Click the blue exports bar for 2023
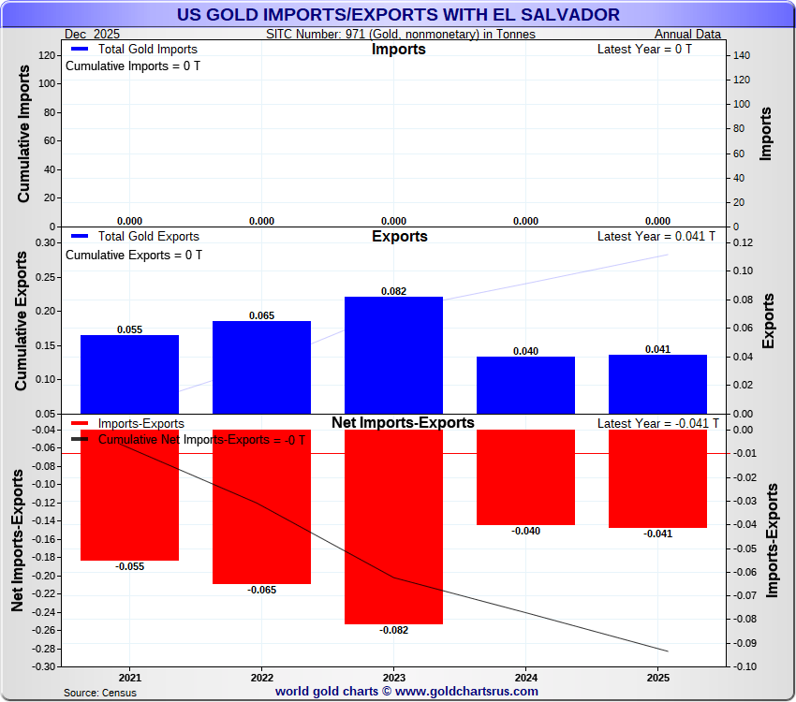pyautogui.click(x=393, y=354)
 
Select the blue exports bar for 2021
pyautogui.click(x=129, y=373)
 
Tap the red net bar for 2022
pyautogui.click(x=261, y=506)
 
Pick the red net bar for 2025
pyautogui.click(x=657, y=478)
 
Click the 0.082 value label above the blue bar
pyautogui.click(x=393, y=291)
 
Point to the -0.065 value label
pyautogui.click(x=261, y=590)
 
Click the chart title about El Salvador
pyautogui.click(x=398, y=14)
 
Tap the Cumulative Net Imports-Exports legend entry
pyautogui.click(x=201, y=439)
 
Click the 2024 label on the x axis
pyautogui.click(x=526, y=677)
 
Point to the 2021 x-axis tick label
pyautogui.click(x=130, y=677)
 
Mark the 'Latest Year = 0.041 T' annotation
pyautogui.click(x=656, y=236)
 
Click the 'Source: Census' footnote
pyautogui.click(x=100, y=693)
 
